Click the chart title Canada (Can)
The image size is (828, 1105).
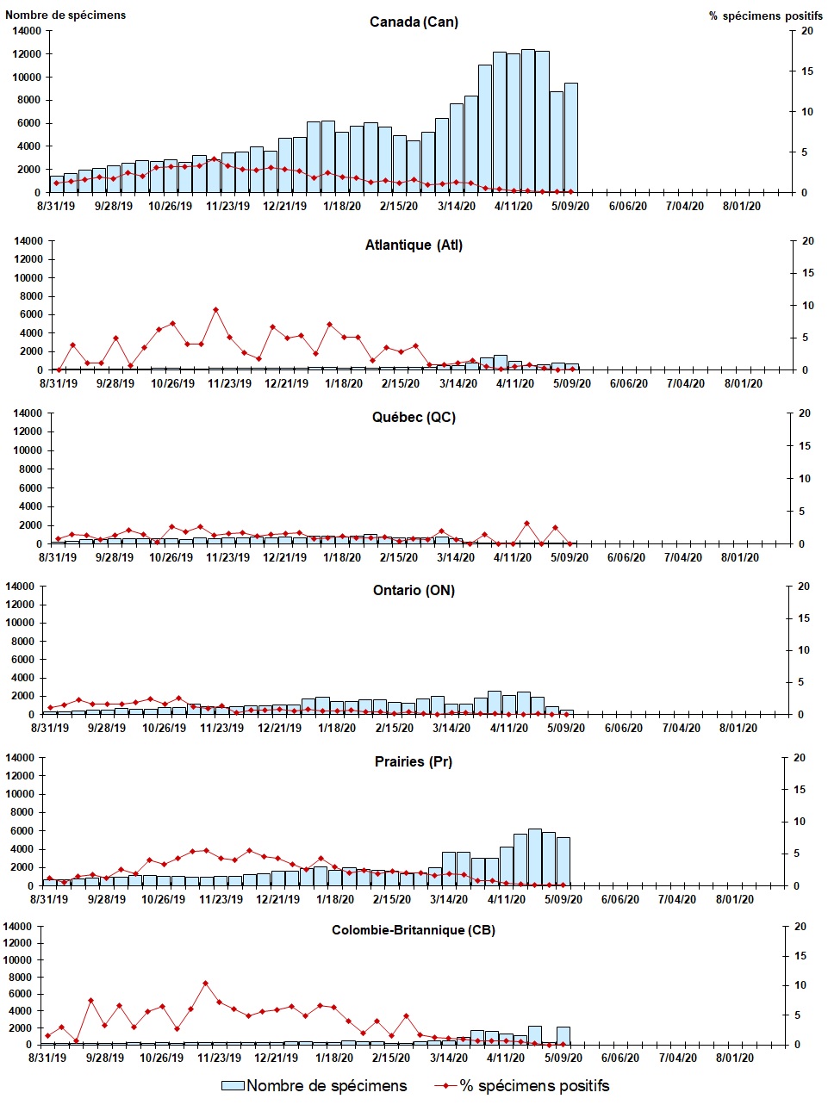(x=414, y=22)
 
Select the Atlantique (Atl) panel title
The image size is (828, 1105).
(x=414, y=245)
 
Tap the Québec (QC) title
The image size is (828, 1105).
(x=414, y=418)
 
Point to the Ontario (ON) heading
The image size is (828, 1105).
(x=414, y=591)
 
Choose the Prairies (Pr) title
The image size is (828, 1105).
(x=413, y=762)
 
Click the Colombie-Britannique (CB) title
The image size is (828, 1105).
(x=413, y=930)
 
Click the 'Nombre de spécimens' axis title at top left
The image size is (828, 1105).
(x=65, y=15)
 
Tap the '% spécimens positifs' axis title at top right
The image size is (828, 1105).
(x=760, y=16)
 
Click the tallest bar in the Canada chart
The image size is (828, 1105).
(x=528, y=121)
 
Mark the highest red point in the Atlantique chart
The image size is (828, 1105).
(x=215, y=309)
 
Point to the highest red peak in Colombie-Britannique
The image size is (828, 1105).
(x=205, y=983)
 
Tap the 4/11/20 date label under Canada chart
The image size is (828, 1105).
(x=514, y=207)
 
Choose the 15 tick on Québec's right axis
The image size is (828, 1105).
(x=805, y=446)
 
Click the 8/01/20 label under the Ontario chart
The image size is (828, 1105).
(x=738, y=729)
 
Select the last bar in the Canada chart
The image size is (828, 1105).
(x=570, y=138)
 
